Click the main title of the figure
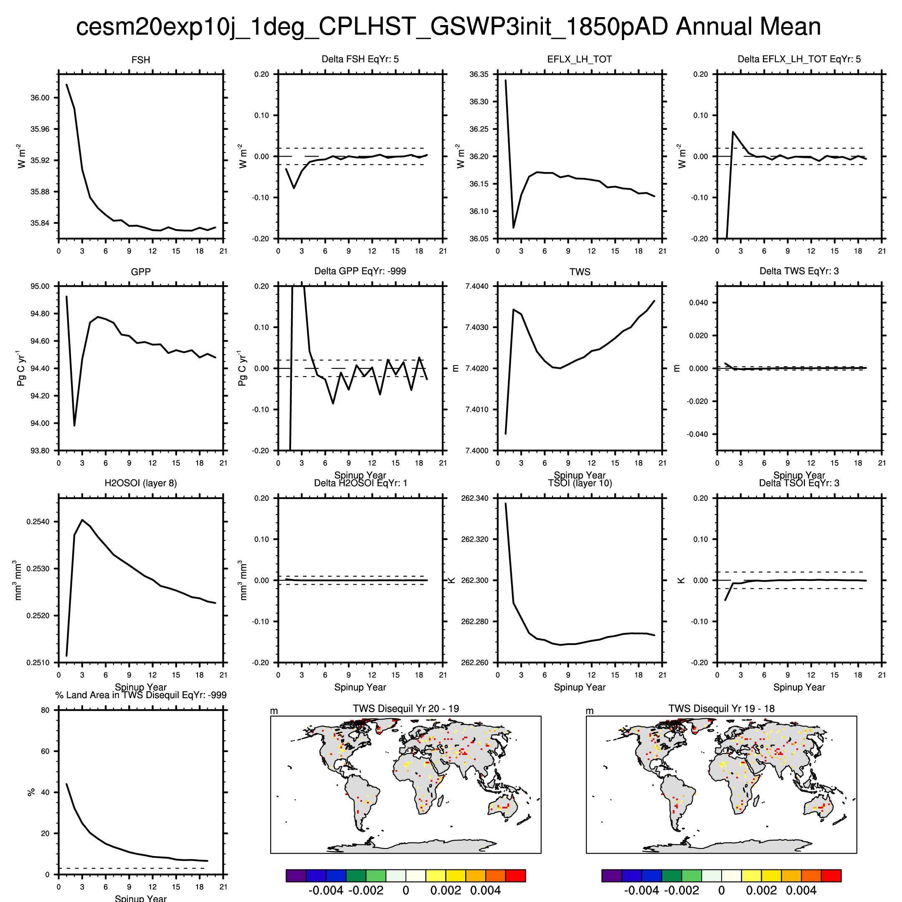pyautogui.click(x=448, y=27)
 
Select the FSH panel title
pyautogui.click(x=141, y=60)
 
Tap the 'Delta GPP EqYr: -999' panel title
pyautogui.click(x=360, y=271)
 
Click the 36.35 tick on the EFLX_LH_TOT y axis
pyautogui.click(x=479, y=74)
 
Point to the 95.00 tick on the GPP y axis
pyautogui.click(x=40, y=286)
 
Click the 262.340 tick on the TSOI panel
pyautogui.click(x=475, y=498)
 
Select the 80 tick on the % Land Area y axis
pyautogui.click(x=45, y=710)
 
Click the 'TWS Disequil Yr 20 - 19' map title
pyautogui.click(x=406, y=708)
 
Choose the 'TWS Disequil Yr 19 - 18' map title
pyautogui.click(x=721, y=708)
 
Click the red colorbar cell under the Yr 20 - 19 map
pyautogui.click(x=515, y=875)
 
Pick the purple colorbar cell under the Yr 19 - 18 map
pyautogui.click(x=612, y=875)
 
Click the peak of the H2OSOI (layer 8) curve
pyautogui.click(x=82, y=519)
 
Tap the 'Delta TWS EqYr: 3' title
pyautogui.click(x=799, y=271)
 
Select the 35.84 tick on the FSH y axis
pyautogui.click(x=40, y=223)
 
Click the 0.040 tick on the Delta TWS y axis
pyautogui.click(x=699, y=302)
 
